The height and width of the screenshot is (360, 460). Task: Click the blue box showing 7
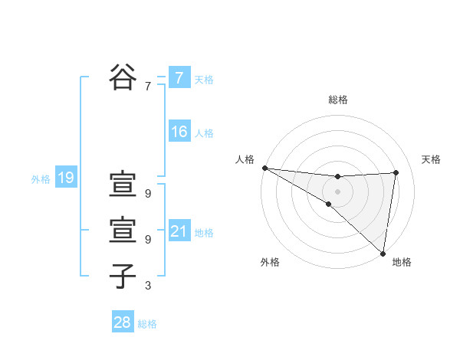pos(179,78)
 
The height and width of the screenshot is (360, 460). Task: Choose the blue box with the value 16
pos(179,132)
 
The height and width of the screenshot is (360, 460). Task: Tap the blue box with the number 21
pos(179,231)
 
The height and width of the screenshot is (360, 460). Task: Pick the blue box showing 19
pos(65,178)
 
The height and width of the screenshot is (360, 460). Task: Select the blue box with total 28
pos(122,322)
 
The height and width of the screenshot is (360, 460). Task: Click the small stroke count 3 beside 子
pos(148,286)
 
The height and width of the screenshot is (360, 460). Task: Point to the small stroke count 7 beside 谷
pos(148,87)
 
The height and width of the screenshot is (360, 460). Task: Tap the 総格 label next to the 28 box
pos(147,324)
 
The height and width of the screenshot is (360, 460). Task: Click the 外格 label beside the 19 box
pos(41,179)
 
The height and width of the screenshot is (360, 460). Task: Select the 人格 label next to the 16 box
pos(204,133)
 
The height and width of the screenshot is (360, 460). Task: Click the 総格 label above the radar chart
pos(337,100)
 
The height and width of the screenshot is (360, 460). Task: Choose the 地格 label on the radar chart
pos(402,262)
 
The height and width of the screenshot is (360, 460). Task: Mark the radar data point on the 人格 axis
pos(264,167)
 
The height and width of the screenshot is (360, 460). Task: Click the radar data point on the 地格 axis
pos(383,252)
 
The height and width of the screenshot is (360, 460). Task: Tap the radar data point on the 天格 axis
pos(396,172)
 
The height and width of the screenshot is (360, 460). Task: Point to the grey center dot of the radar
pos(337,191)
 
